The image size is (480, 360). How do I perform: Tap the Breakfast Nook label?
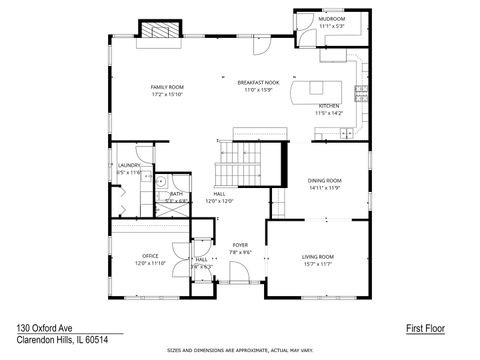point(258,83)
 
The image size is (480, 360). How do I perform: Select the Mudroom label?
point(332,19)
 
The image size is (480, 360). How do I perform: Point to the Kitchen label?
point(329,105)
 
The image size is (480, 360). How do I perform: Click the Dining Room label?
point(324,180)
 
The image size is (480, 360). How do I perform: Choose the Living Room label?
point(318,257)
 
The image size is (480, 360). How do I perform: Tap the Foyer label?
point(240,244)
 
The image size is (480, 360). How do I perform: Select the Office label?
point(150,256)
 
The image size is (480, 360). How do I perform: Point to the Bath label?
point(176,193)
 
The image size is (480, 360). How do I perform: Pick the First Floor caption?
point(425,327)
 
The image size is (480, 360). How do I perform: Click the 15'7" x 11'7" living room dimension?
point(318,264)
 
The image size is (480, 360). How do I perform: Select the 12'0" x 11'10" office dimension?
point(150,263)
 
